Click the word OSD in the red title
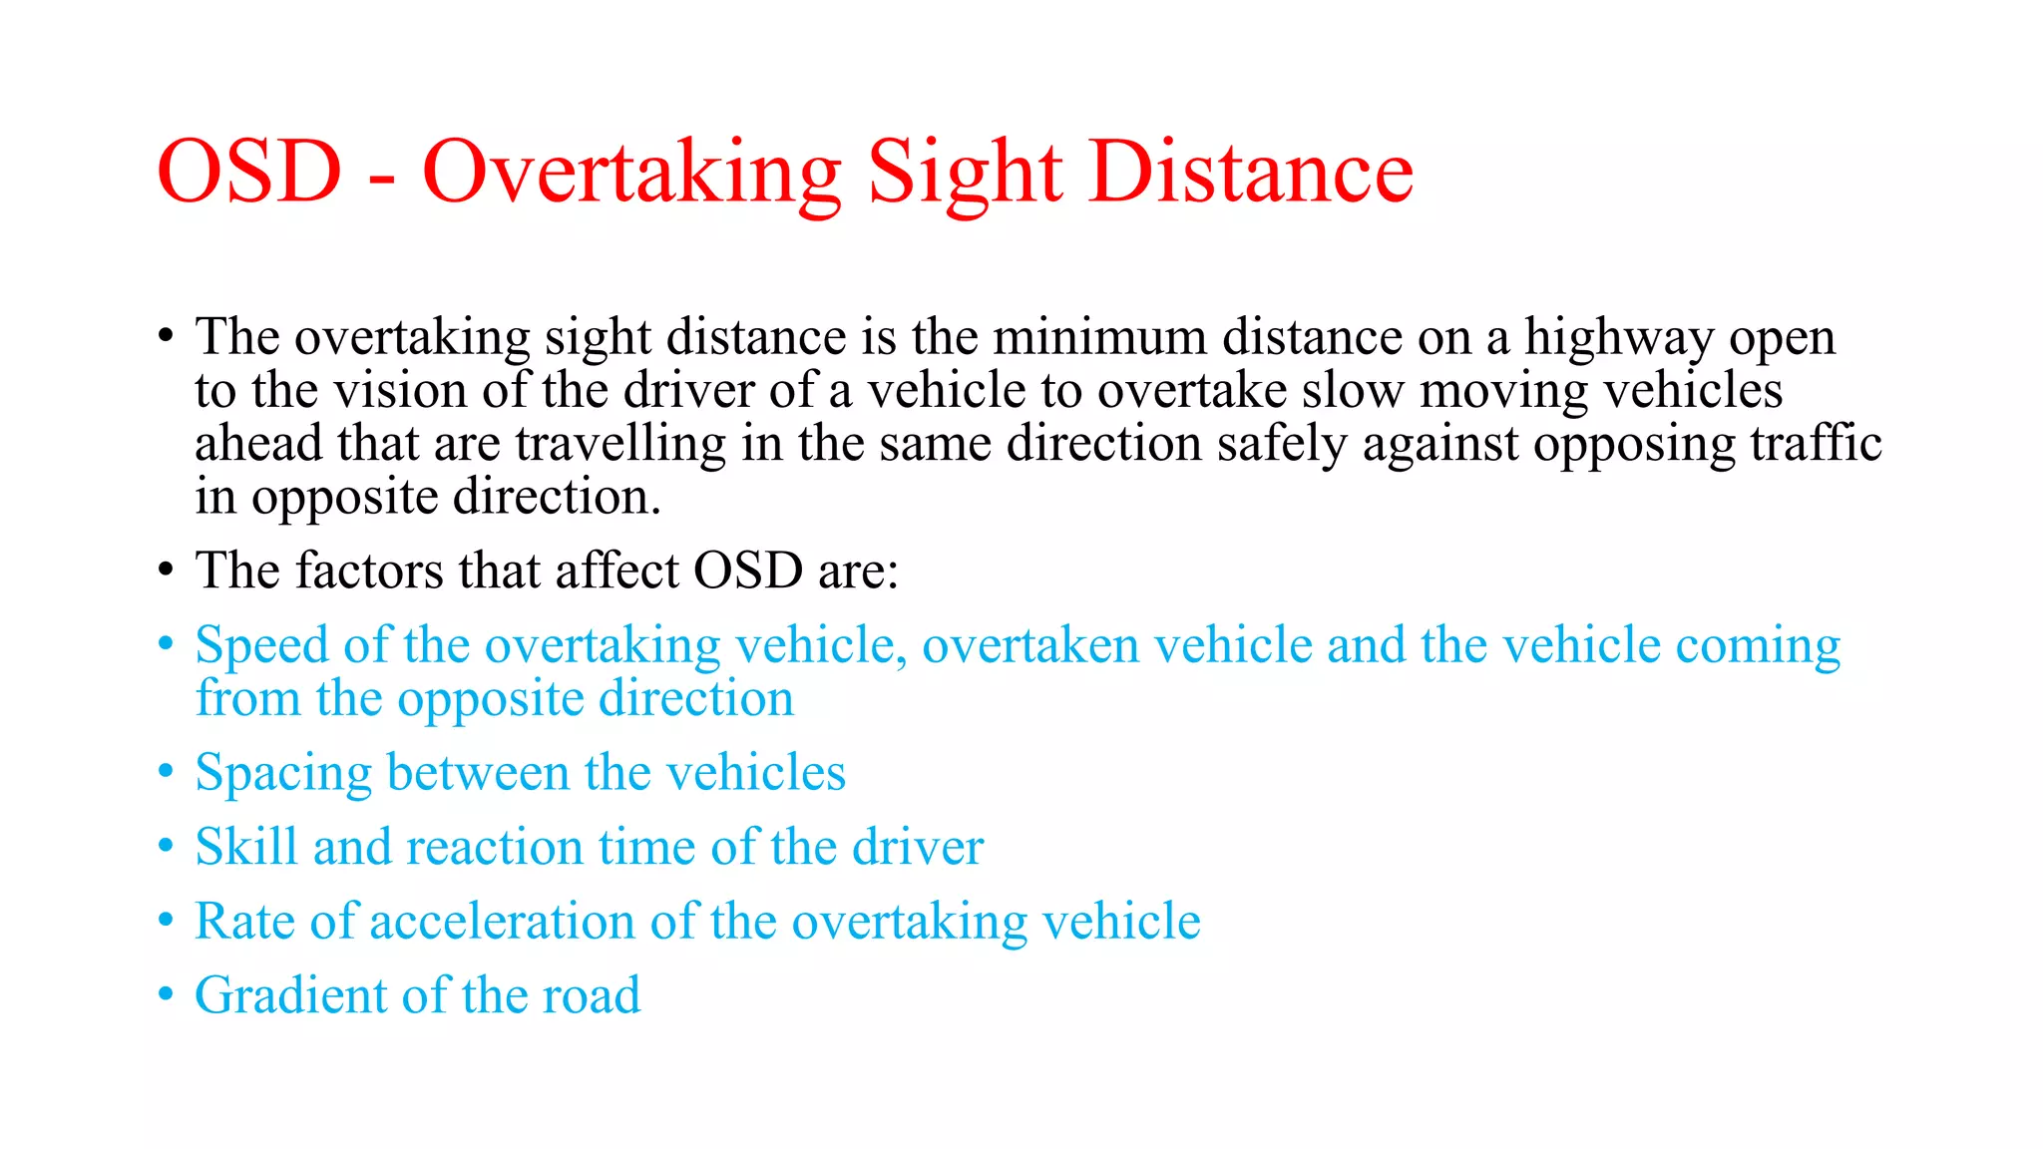pyautogui.click(x=249, y=172)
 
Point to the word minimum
pyautogui.click(x=1099, y=337)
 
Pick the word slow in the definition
pyautogui.click(x=1353, y=390)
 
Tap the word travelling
pyautogui.click(x=620, y=444)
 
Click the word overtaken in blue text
pyautogui.click(x=1030, y=645)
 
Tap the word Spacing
pyautogui.click(x=283, y=773)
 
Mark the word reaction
pyautogui.click(x=495, y=848)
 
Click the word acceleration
pyautogui.click(x=503, y=921)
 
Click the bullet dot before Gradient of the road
pyautogui.click(x=167, y=994)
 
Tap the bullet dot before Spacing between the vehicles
pyautogui.click(x=167, y=772)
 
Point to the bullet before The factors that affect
pyautogui.click(x=167, y=571)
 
